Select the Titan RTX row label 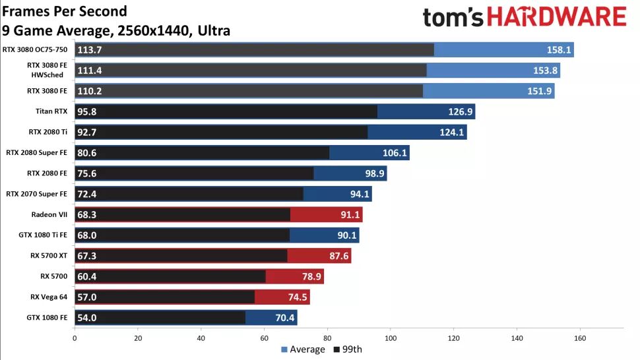(52, 111)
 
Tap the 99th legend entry (347, 349)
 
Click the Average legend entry (303, 349)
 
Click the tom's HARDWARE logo (524, 17)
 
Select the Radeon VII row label (49, 214)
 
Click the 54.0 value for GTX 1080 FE (87, 318)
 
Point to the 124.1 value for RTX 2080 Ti (453, 133)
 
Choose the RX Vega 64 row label (49, 297)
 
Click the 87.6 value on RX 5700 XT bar (338, 256)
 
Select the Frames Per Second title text (64, 12)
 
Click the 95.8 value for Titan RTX (87, 111)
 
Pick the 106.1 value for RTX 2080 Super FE (395, 153)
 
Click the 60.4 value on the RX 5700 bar (87, 276)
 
